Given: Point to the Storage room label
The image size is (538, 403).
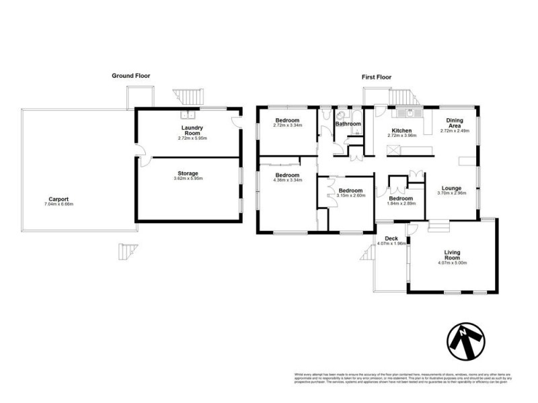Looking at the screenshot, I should (x=188, y=173).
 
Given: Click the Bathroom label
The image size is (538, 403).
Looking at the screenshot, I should (x=348, y=124).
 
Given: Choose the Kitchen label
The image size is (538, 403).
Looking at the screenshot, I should (x=402, y=130).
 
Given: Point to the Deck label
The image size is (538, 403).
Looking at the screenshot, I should (x=391, y=238).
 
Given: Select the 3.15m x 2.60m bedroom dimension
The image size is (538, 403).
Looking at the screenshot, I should (x=351, y=195).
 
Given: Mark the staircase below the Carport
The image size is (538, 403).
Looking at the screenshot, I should (x=128, y=252).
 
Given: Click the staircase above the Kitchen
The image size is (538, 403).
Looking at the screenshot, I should (x=403, y=98).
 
